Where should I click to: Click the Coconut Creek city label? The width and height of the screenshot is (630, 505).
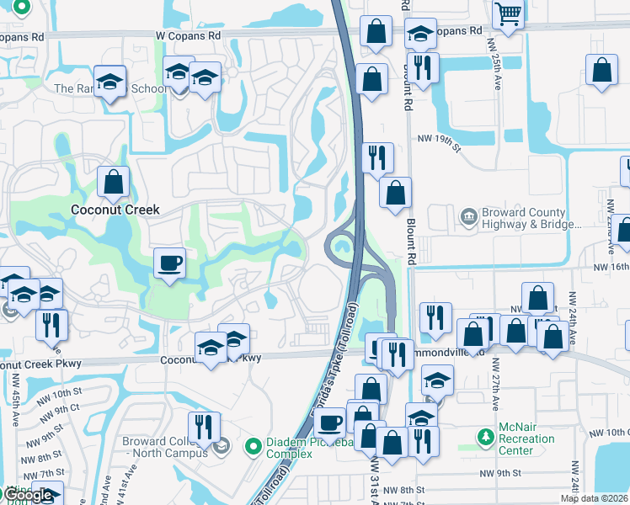click(115, 210)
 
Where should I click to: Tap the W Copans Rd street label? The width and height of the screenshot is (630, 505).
click(187, 36)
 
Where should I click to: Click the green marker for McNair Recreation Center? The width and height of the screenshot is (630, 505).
click(485, 438)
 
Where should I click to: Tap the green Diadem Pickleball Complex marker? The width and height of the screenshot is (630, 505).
click(252, 446)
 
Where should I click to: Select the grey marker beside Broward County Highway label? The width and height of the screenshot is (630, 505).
click(467, 217)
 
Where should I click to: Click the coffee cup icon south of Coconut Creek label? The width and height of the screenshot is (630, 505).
click(170, 263)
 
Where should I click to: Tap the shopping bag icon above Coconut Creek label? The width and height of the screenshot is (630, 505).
click(113, 180)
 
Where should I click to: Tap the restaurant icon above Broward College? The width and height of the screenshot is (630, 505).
click(204, 426)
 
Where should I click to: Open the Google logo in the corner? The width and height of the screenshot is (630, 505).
click(29, 495)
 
